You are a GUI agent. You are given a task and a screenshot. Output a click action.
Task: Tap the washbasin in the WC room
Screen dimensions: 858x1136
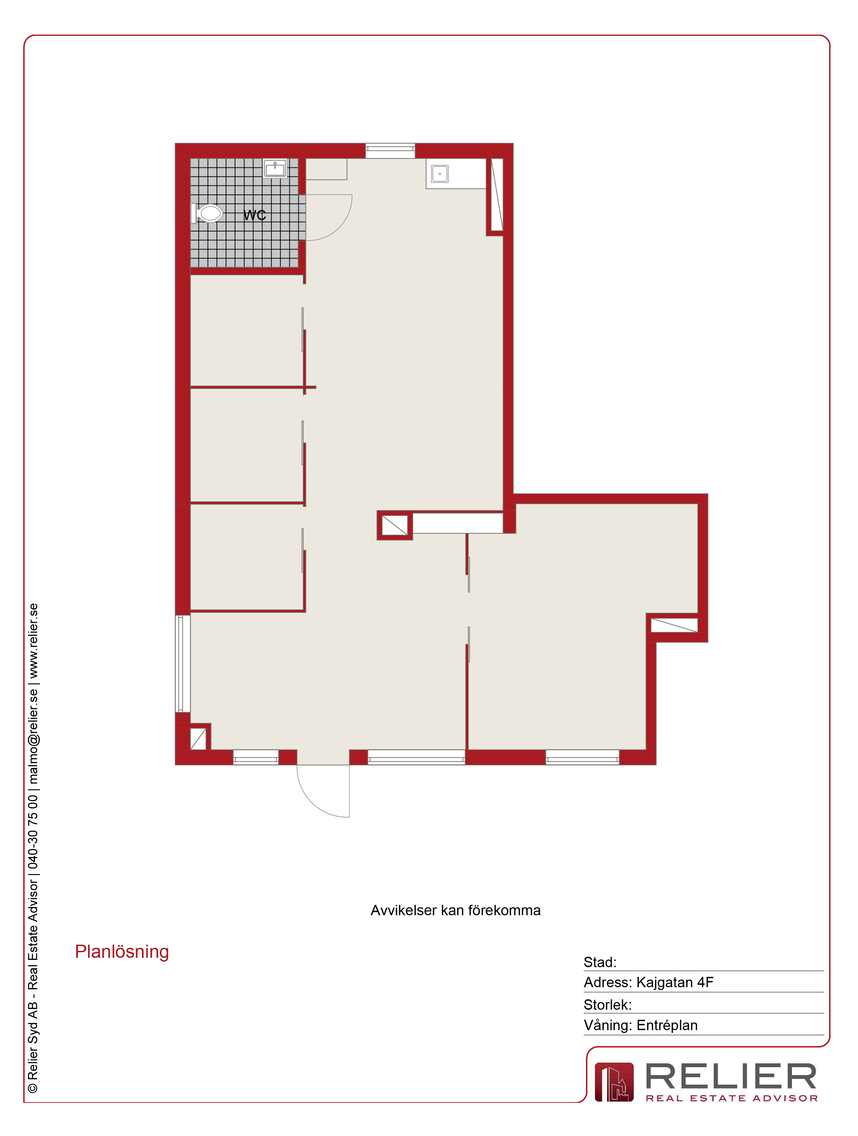275,168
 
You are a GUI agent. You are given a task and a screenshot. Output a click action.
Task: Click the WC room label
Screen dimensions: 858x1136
255,215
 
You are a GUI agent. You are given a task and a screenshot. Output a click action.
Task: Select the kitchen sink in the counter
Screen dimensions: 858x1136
440,174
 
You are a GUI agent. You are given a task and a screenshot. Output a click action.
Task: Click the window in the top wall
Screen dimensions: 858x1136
390,151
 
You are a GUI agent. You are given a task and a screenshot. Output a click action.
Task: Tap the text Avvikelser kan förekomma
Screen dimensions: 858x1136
455,910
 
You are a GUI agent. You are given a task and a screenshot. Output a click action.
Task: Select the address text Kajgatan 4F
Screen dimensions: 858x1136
675,982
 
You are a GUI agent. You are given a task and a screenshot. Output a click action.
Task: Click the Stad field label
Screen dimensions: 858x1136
599,962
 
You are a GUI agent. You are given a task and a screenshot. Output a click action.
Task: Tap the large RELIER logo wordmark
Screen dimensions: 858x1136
731,1076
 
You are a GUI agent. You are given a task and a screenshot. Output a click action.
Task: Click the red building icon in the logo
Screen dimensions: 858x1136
614,1082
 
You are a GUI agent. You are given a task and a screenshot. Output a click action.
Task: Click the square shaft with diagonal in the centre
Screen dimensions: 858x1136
395,525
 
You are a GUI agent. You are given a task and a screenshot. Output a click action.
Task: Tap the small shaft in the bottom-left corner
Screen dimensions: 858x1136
198,738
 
